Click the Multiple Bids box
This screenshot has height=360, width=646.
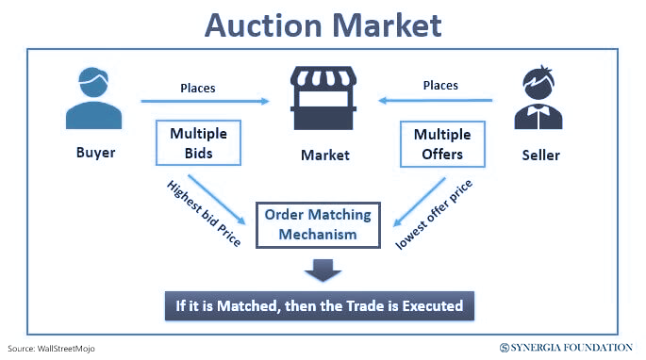199,142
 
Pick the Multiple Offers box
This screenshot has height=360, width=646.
441,142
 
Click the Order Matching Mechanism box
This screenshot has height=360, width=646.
318,224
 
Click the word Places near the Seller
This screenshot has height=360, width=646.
439,85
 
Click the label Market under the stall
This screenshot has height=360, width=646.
324,155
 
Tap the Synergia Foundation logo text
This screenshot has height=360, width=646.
571,348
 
